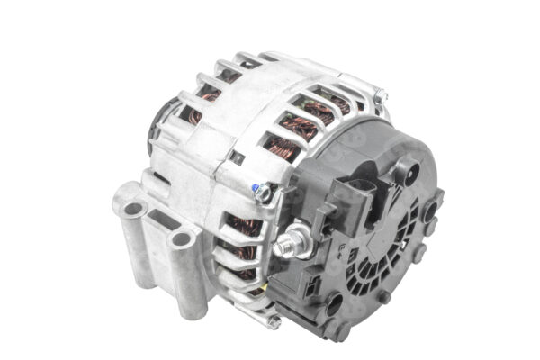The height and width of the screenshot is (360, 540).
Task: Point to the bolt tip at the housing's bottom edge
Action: [x=273, y=319]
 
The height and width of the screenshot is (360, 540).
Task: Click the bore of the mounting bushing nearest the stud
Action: [x=183, y=239]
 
